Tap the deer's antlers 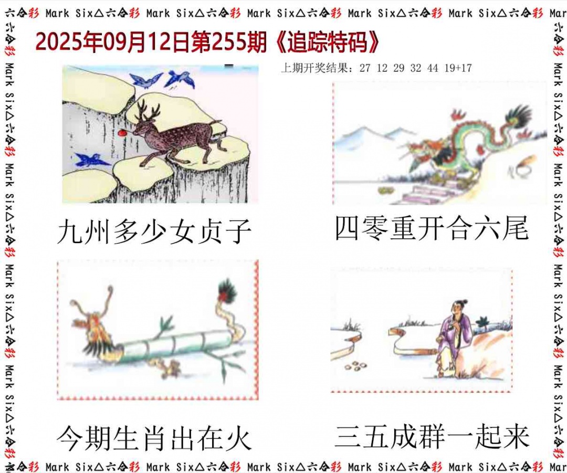141,110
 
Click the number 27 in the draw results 365,68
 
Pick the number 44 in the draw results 433,68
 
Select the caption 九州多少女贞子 154,232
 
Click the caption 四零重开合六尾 432,229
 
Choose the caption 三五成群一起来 432,437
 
